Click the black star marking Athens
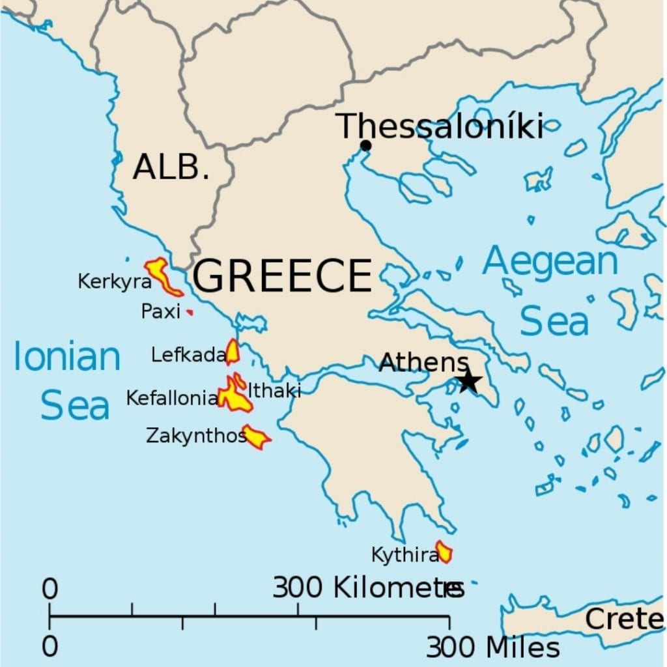tap(468, 382)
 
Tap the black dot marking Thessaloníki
tap(365, 145)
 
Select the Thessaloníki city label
tap(440, 126)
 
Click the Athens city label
tap(423, 362)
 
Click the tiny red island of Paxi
tap(190, 313)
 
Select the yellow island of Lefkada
tap(232, 352)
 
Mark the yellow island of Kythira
tap(444, 552)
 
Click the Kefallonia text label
tap(172, 398)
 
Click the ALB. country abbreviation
tap(171, 167)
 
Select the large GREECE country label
tap(282, 276)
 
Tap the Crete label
tap(623, 619)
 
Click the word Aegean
tap(550, 262)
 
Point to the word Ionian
tap(67, 358)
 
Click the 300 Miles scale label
tap(493, 647)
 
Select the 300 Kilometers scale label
tap(368, 588)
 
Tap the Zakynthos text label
tap(196, 435)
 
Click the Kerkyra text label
tap(115, 282)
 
